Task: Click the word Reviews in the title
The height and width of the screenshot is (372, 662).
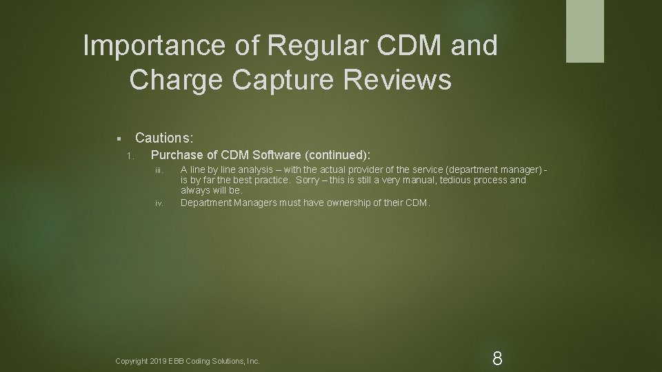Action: click(400, 80)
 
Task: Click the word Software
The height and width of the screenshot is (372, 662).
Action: click(279, 154)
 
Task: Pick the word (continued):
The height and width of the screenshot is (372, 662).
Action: click(343, 154)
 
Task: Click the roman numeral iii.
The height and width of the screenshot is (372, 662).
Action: click(158, 170)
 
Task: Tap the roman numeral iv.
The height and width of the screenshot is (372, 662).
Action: click(159, 203)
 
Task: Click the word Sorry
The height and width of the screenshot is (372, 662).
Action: click(309, 180)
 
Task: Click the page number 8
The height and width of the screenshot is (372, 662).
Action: click(497, 358)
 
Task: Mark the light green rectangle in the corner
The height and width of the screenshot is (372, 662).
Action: click(585, 31)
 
